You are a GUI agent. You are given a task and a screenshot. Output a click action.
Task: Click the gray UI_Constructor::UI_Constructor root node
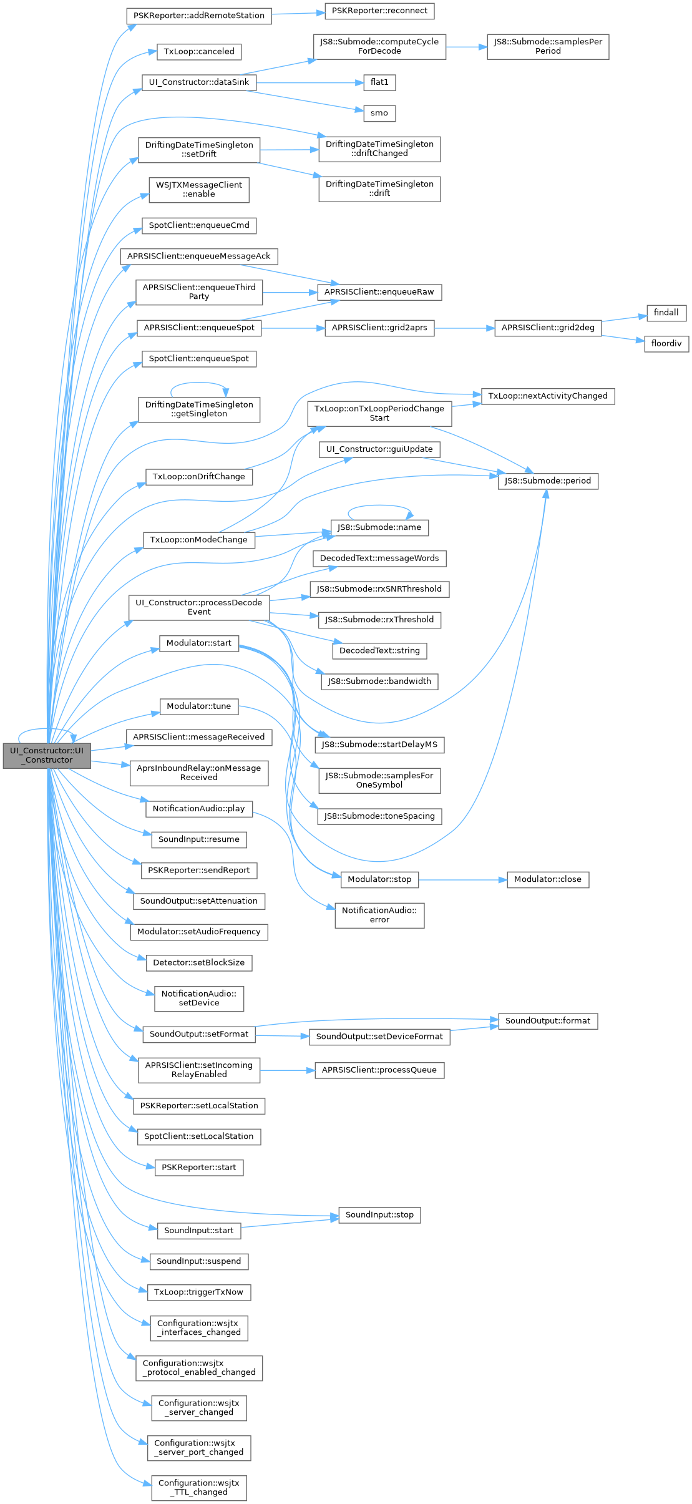[x=47, y=755]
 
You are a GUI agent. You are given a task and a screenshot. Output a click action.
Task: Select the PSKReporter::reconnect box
[x=379, y=11]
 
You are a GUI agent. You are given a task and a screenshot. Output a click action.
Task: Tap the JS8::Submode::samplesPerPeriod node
[x=547, y=47]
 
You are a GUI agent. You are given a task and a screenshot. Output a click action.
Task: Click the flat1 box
[x=379, y=82]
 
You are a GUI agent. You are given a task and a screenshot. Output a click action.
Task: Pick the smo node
[x=379, y=113]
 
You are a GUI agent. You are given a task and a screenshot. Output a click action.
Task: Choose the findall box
[x=666, y=313]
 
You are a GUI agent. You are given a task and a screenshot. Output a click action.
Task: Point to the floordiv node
[x=666, y=343]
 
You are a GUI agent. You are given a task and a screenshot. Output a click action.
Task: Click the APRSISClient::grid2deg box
[x=548, y=328]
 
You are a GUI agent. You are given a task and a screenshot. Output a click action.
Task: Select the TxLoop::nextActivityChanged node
[x=547, y=396]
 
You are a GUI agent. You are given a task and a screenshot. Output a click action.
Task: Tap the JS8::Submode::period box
[x=547, y=481]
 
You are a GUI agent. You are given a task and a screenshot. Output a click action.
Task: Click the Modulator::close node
[x=547, y=879]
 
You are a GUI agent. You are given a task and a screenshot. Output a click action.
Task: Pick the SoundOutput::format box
[x=547, y=1021]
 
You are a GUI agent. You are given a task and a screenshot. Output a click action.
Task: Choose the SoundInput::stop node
[x=379, y=1215]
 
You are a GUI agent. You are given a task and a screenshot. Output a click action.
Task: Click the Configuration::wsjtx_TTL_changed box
[x=198, y=1487]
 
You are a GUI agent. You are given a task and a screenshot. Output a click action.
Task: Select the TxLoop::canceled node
[x=198, y=52]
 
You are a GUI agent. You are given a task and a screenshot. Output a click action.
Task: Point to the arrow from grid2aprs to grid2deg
[x=464, y=328]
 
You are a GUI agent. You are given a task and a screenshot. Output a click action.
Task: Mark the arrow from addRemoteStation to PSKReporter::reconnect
[x=298, y=13]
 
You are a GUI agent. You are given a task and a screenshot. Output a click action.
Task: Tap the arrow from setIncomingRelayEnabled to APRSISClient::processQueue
[x=287, y=1070]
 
